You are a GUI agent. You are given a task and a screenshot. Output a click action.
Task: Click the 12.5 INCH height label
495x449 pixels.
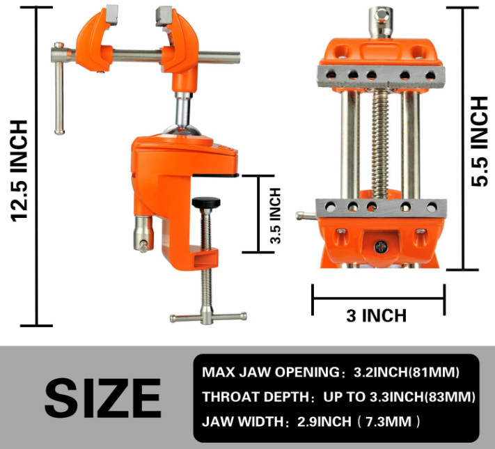(x=19, y=171)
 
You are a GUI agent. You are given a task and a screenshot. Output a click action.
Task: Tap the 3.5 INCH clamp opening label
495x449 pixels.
(x=276, y=216)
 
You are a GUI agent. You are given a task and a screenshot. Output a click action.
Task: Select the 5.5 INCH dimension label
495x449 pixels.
(x=479, y=141)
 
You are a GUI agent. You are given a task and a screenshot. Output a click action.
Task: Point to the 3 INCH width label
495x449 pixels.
(x=377, y=316)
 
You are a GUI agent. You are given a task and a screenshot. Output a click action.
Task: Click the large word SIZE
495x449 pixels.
(x=103, y=398)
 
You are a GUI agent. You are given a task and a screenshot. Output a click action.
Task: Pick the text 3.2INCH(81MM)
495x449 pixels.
(x=407, y=372)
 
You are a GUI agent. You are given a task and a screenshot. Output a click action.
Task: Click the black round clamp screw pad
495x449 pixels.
(x=206, y=202)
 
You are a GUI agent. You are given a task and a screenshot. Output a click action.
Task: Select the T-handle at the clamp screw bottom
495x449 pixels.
(x=208, y=317)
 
